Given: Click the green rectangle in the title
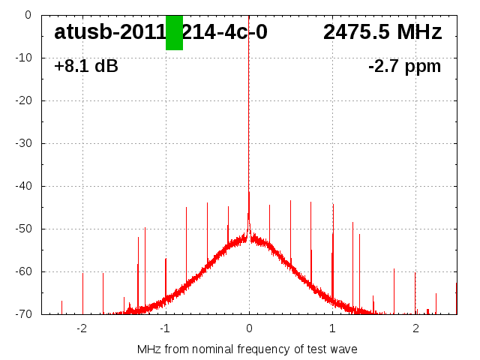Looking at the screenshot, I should coord(174,32).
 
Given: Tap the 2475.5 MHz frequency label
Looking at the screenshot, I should coord(382,32).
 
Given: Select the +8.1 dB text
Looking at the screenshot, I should coord(86,66).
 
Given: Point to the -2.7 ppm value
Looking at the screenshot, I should coord(404,66).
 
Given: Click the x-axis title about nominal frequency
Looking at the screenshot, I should coord(247,349).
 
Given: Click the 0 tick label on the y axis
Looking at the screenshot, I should coord(27,15).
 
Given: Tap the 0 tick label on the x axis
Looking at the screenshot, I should coord(249,328).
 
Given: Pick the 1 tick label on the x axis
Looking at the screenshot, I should coord(332,328).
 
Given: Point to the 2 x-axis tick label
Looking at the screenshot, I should coord(415,328).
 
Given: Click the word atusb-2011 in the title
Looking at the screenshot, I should coord(109,32).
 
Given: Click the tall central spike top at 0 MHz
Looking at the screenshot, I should coord(249,16).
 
